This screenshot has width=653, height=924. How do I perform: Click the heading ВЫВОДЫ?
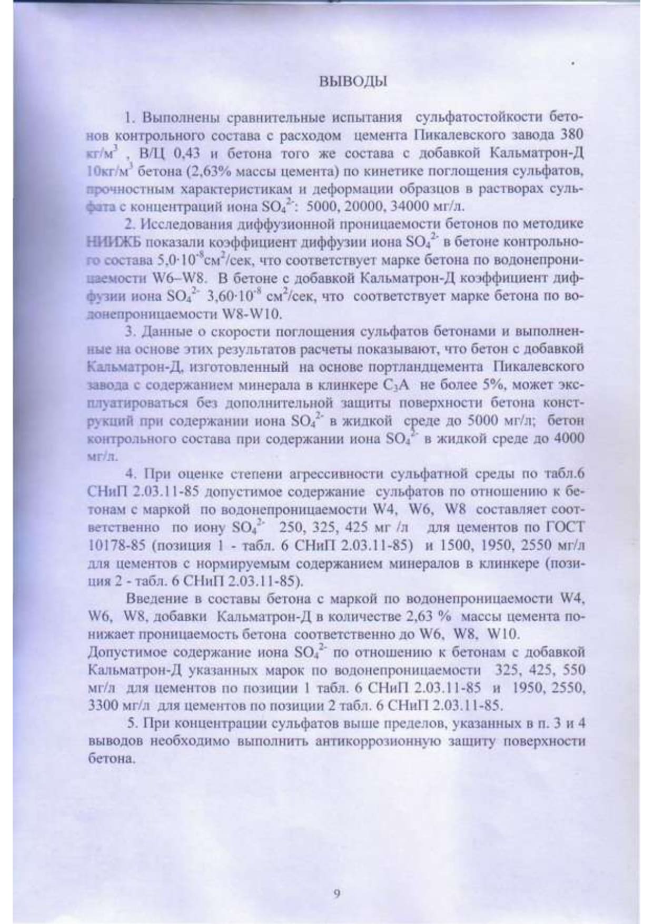pyautogui.click(x=353, y=82)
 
